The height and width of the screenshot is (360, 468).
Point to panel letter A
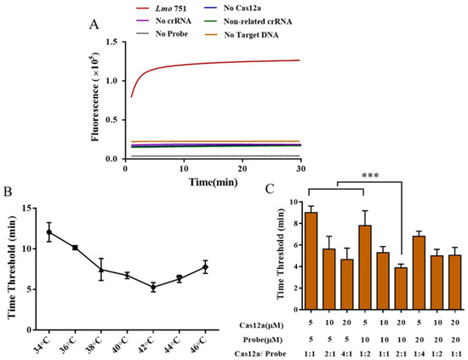(x=106, y=26)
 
